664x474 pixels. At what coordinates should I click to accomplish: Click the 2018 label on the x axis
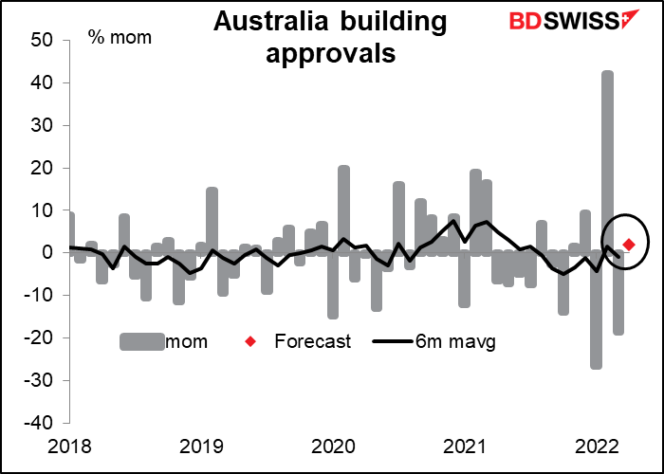pos(68,447)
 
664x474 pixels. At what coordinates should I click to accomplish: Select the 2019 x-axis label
pos(200,447)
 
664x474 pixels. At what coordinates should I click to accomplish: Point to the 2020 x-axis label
pos(333,447)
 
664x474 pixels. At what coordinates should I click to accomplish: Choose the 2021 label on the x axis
pos(465,447)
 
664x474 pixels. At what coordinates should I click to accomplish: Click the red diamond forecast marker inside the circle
pos(628,245)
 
